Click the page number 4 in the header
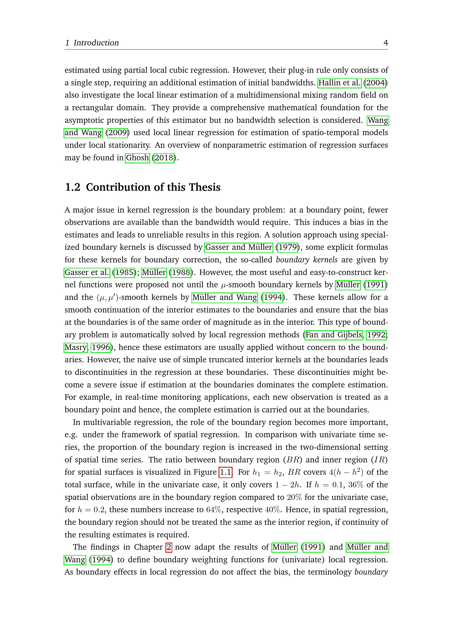pos(386,43)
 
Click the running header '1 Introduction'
pos(92,43)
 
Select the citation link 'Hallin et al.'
pos(339,83)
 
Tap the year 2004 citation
pos(375,83)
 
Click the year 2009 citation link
pos(117,132)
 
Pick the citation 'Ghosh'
pos(137,158)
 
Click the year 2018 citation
pos(164,158)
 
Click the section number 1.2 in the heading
pos(73,187)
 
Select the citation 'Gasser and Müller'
pos(239,247)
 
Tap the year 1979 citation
pos(288,247)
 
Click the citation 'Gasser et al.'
pos(87,272)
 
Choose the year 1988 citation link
pos(181,272)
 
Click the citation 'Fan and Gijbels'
pos(334,334)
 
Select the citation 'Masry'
pos(76,347)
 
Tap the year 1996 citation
pos(101,347)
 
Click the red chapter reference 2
pos(169,547)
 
